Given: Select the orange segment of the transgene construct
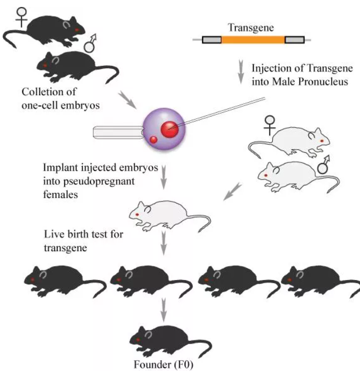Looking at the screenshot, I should coord(252,40).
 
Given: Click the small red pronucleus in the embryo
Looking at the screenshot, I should coord(154,140).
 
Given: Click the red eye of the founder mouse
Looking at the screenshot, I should coord(140,340).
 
